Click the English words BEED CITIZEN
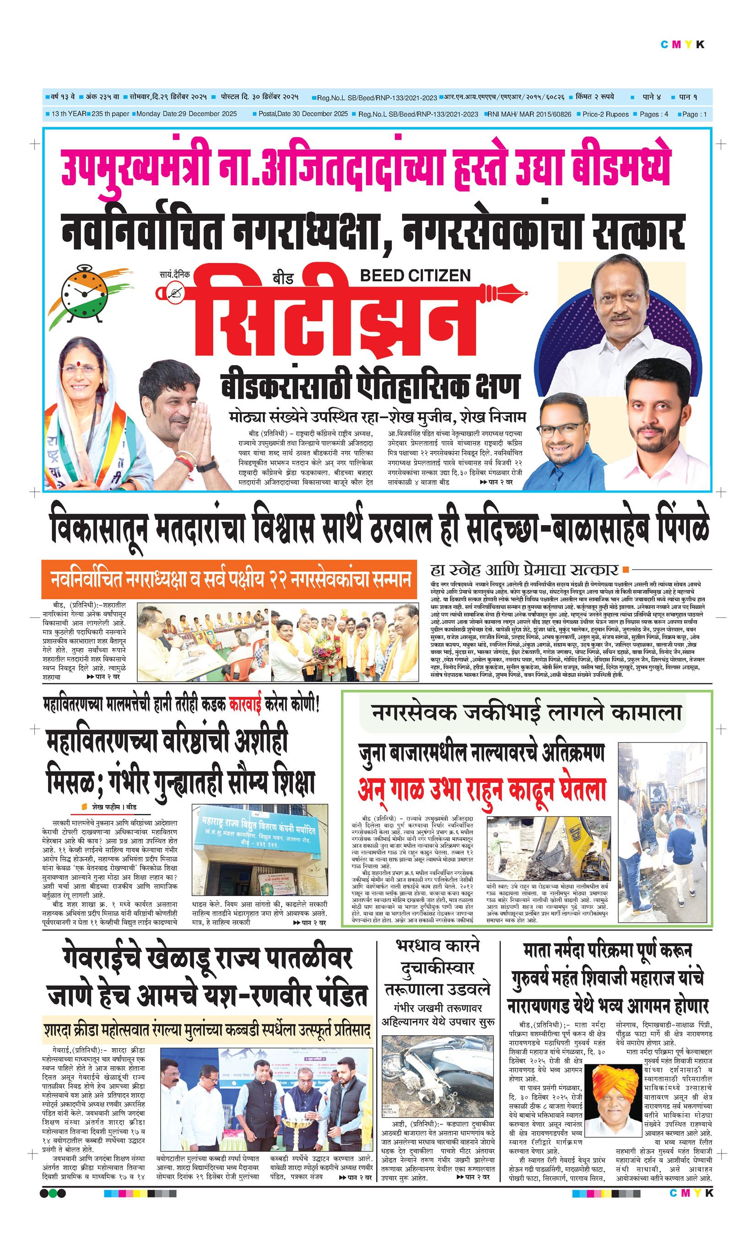point(415,275)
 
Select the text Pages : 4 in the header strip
point(654,114)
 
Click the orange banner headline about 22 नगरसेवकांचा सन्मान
point(229,580)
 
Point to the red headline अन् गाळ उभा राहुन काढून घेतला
point(481,790)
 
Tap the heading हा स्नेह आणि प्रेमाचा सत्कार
point(524,570)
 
